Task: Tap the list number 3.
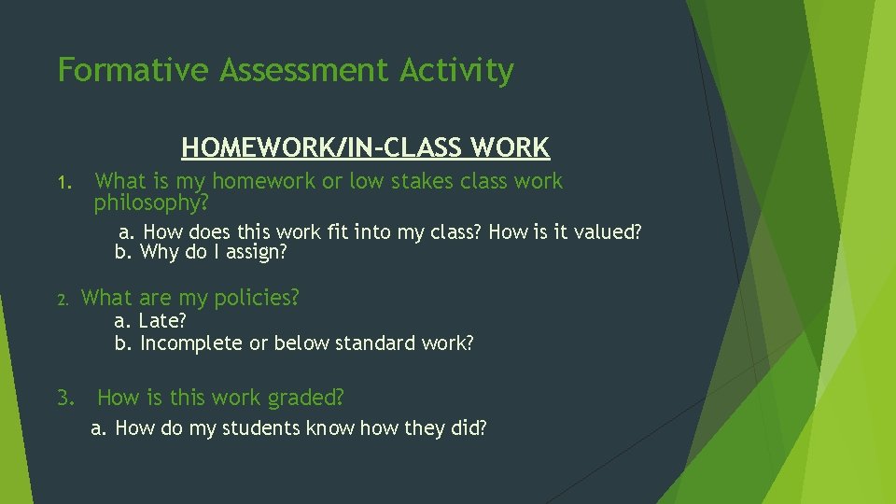(x=64, y=399)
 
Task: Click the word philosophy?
(x=150, y=202)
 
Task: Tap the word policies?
(x=257, y=299)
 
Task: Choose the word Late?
(x=162, y=322)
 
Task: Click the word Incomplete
(x=191, y=343)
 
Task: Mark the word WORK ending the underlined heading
(x=511, y=147)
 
